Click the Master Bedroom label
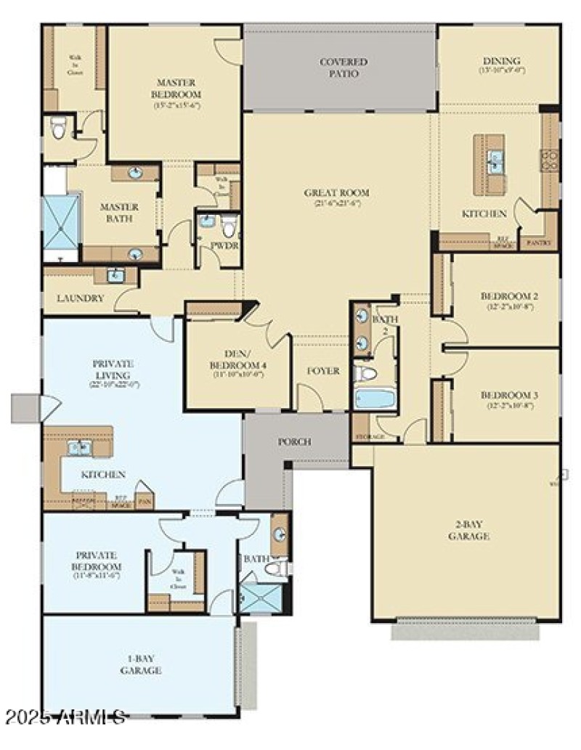(x=176, y=89)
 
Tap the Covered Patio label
(x=344, y=68)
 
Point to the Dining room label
(x=501, y=61)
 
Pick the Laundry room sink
(x=115, y=275)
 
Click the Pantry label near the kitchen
(x=539, y=242)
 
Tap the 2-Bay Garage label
(x=468, y=531)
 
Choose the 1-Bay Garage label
(x=140, y=665)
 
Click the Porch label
(x=295, y=441)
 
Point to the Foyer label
(x=323, y=371)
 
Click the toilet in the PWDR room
(x=230, y=227)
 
